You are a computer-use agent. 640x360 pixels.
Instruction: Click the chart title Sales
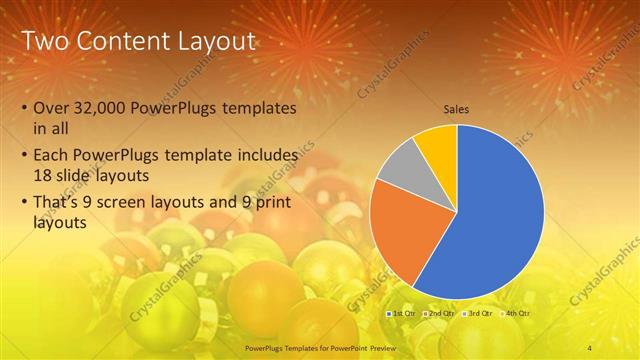(457, 109)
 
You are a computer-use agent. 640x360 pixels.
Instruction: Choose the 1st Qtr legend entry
(401, 313)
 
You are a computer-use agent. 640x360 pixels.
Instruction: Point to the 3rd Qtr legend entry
(478, 313)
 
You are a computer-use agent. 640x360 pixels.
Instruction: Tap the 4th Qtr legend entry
(516, 313)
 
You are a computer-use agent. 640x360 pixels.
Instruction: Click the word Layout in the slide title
(215, 41)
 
